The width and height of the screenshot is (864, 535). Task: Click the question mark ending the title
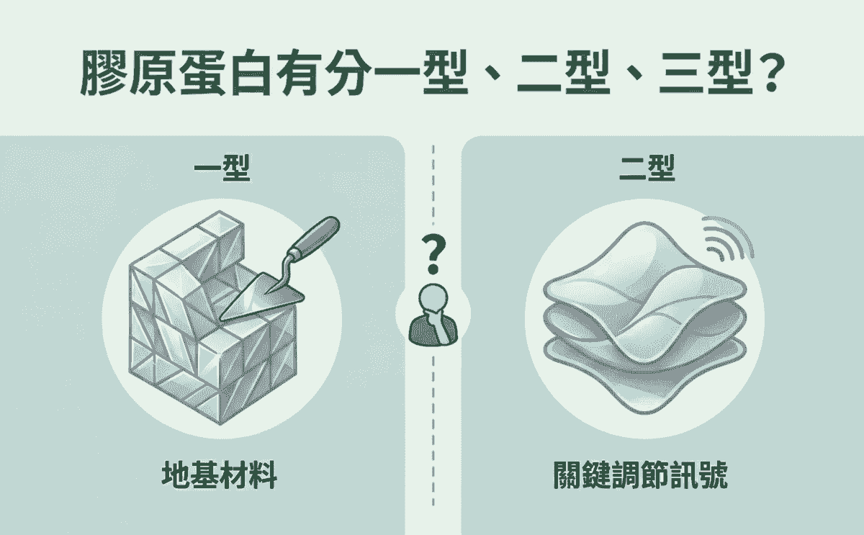[770, 73]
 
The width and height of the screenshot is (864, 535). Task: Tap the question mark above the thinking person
[433, 254]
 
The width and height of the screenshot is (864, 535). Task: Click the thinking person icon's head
[433, 300]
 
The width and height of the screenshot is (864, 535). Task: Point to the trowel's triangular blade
[262, 297]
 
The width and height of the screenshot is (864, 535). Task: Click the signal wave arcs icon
[727, 237]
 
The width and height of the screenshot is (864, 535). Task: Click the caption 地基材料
[219, 475]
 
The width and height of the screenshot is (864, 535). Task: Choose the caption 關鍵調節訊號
[640, 475]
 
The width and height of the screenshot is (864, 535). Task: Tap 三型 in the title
[706, 73]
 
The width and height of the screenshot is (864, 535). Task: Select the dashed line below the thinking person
[433, 431]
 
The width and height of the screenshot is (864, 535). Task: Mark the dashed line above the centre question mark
[433, 185]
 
